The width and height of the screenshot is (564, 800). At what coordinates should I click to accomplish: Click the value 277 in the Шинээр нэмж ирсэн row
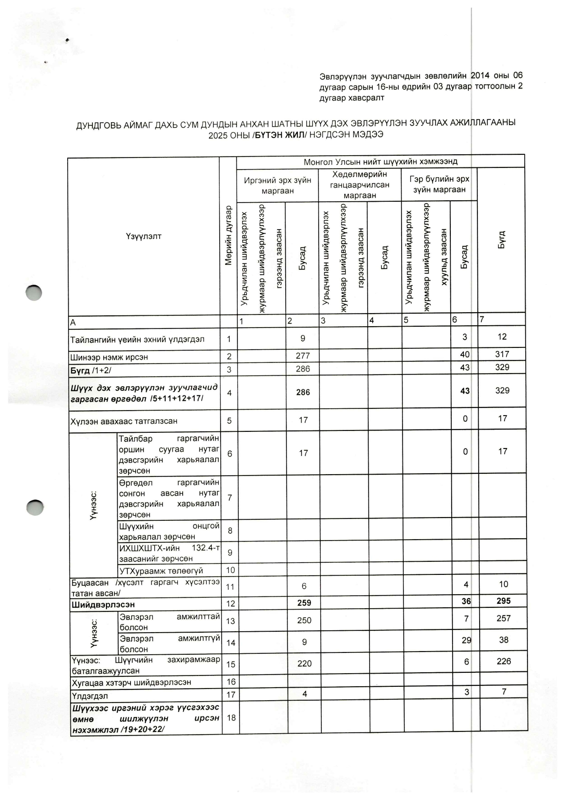tap(303, 356)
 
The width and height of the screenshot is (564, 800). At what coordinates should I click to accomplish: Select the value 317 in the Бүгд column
tap(502, 354)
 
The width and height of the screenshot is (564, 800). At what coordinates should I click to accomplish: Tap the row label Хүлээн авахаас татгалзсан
tap(124, 421)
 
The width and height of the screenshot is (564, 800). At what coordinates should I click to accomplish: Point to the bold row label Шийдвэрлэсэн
tap(103, 604)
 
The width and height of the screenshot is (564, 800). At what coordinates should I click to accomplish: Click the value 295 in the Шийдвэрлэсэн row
tap(503, 601)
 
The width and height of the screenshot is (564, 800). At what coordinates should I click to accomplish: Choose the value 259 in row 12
tap(304, 603)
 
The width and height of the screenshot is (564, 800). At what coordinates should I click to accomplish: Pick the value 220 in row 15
tap(305, 663)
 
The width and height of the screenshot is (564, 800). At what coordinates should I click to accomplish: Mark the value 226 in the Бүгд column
tap(504, 661)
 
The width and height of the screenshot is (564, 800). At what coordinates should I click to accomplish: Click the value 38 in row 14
tap(504, 639)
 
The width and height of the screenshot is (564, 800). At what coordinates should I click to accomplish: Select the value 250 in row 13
tap(304, 620)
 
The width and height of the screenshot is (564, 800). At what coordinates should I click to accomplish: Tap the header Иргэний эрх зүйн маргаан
tap(277, 185)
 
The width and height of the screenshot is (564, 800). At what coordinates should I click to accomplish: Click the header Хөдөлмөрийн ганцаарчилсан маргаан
tap(360, 185)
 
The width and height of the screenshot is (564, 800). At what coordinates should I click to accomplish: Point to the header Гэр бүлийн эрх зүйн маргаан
tap(439, 185)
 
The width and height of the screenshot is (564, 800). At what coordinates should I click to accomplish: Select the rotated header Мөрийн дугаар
tap(228, 235)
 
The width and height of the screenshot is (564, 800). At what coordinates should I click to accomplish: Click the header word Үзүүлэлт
tap(143, 236)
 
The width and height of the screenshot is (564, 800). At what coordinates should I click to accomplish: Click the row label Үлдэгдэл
tap(90, 696)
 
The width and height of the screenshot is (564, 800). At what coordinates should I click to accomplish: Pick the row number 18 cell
tap(231, 717)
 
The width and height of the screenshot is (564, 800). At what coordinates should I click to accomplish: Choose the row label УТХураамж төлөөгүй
tap(161, 571)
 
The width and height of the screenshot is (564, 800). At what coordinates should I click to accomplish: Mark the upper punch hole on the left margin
tap(34, 293)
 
